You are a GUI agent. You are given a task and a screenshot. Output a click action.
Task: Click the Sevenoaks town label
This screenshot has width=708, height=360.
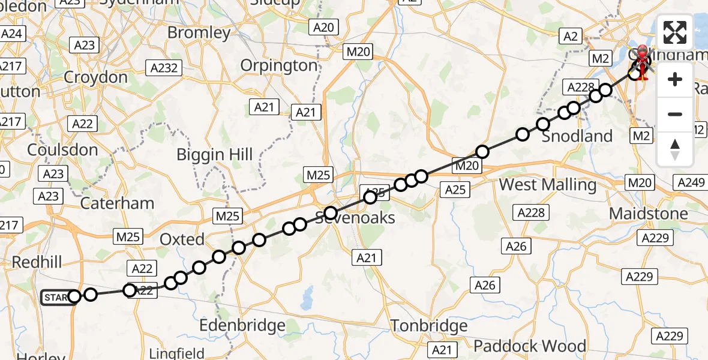pos(356,217)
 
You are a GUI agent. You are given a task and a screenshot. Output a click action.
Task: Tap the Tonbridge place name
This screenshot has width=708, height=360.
pos(429,326)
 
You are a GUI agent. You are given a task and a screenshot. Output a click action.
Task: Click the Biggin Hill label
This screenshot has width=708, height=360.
pos(214,155)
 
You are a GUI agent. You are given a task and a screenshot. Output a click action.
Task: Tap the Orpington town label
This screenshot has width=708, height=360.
pos(279,65)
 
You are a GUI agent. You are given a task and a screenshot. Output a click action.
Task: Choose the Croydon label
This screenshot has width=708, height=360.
pos(95,77)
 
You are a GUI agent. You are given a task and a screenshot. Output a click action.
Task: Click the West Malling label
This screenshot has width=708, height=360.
pos(548,184)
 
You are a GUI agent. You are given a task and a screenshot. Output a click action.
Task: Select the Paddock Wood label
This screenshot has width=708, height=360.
pos(529,346)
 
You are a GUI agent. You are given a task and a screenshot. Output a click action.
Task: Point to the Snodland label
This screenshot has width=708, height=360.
pos(577,136)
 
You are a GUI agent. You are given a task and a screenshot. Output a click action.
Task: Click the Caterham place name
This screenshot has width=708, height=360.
pos(117,203)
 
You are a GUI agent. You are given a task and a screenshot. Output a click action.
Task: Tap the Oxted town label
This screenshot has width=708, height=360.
pos(182,239)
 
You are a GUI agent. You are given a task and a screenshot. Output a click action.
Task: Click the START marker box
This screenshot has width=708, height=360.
pos(55,297)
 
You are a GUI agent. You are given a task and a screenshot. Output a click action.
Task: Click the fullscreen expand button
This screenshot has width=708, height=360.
pos(675,32)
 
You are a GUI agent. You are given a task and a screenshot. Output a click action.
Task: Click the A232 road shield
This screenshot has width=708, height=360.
pos(164,68)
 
